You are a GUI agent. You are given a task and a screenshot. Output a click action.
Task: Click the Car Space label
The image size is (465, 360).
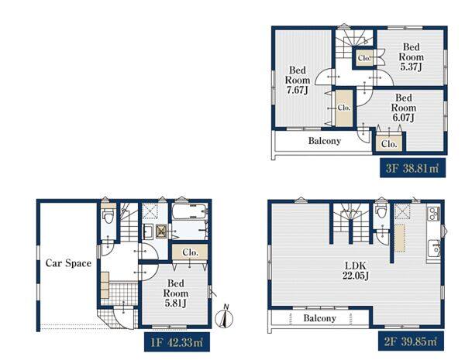(x=68, y=263)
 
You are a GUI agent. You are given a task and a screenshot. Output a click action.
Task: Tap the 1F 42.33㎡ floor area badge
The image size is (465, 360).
(x=177, y=342)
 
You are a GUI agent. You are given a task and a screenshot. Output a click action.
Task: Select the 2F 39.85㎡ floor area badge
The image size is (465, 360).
(x=411, y=341)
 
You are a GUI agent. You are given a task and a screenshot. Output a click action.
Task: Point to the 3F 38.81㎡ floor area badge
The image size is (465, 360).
(x=412, y=168)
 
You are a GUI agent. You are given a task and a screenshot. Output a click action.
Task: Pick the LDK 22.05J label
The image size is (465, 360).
(x=356, y=271)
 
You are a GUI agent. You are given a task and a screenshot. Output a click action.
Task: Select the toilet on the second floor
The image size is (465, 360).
(x=381, y=211)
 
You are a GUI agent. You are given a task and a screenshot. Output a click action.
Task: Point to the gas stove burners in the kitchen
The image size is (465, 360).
(x=433, y=214)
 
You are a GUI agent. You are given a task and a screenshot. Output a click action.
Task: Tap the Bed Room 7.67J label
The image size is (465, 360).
(x=298, y=80)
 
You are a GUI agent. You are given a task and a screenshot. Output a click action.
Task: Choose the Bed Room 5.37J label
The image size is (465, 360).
(x=411, y=57)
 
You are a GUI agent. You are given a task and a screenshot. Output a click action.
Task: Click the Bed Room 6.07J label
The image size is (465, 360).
(x=404, y=108)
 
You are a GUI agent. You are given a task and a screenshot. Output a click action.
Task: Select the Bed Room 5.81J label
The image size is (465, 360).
(x=176, y=293)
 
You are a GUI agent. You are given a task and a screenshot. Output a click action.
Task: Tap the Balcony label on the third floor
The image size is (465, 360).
(x=325, y=141)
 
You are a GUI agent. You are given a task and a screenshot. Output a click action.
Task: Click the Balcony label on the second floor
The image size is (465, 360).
(x=319, y=318)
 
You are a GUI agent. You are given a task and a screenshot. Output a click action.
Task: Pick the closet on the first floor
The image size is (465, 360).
(x=190, y=252)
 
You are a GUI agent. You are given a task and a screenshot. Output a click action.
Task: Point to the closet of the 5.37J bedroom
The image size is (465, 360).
(x=364, y=58)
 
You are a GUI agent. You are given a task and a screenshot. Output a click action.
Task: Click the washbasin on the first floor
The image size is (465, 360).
(x=148, y=231)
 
